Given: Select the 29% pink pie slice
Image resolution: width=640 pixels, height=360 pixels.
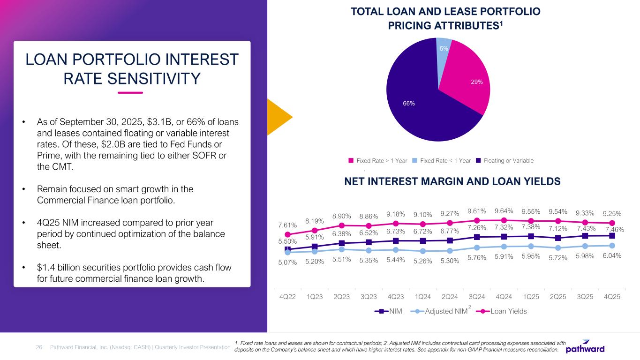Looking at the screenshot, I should [469, 80].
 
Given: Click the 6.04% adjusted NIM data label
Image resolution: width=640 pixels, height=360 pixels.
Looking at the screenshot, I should [612, 256].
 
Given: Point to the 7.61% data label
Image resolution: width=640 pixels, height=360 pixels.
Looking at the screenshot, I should [287, 225].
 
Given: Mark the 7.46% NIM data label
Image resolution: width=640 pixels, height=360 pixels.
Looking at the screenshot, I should [614, 230].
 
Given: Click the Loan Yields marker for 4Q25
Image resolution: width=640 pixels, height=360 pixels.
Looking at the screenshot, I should [612, 223].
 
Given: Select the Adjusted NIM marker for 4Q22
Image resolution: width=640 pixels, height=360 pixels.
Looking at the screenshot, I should [287, 253].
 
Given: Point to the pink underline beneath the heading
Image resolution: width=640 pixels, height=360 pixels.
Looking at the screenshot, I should [130, 92].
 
